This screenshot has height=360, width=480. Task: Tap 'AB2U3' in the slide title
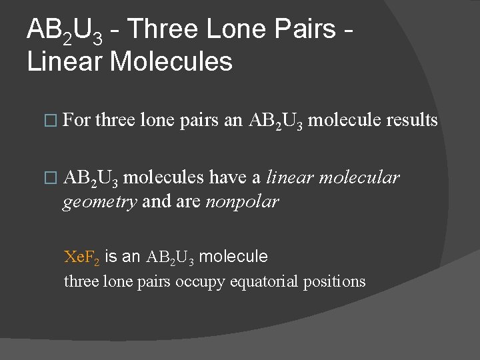click(x=64, y=31)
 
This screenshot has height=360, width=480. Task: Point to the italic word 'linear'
click(x=290, y=177)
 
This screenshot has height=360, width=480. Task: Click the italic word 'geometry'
click(x=100, y=202)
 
